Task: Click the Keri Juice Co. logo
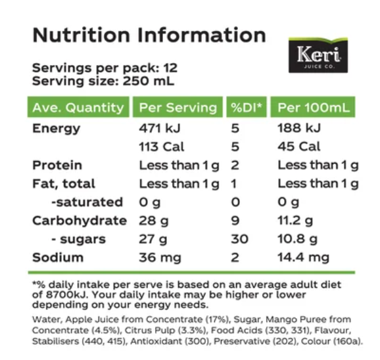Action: click(318, 55)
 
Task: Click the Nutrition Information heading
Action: click(149, 35)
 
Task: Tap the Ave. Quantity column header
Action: click(78, 108)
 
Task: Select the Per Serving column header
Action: click(177, 108)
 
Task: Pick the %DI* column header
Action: click(245, 108)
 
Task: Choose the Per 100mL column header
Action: click(313, 108)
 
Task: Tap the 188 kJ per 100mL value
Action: click(300, 128)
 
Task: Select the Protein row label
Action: click(57, 165)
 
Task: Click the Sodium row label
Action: click(58, 257)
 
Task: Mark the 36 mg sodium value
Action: click(160, 257)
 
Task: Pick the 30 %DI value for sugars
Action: click(239, 238)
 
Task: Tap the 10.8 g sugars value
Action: click(298, 238)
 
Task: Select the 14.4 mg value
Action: click(303, 257)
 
